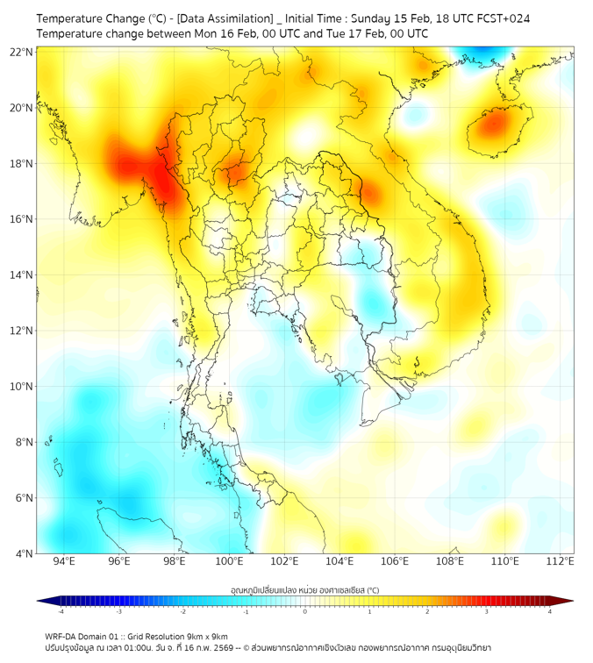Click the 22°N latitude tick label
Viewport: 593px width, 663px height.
pos(23,53)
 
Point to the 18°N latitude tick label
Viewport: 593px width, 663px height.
pos(23,164)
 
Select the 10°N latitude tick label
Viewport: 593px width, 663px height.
pos(23,387)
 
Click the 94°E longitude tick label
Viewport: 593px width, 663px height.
pos(64,561)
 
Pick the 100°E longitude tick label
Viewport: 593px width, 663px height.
pos(230,561)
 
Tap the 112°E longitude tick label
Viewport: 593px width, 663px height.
pos(561,561)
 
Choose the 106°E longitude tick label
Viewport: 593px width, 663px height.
pos(396,561)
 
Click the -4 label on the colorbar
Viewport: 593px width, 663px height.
pos(61,611)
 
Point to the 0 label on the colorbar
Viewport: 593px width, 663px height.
pos(305,611)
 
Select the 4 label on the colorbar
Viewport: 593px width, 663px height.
pos(549,611)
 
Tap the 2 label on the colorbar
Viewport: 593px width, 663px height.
pos(427,611)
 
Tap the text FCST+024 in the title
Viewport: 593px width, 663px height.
pos(504,18)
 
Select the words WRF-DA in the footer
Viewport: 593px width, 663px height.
pos(62,637)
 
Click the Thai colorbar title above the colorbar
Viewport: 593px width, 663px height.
pos(304,590)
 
